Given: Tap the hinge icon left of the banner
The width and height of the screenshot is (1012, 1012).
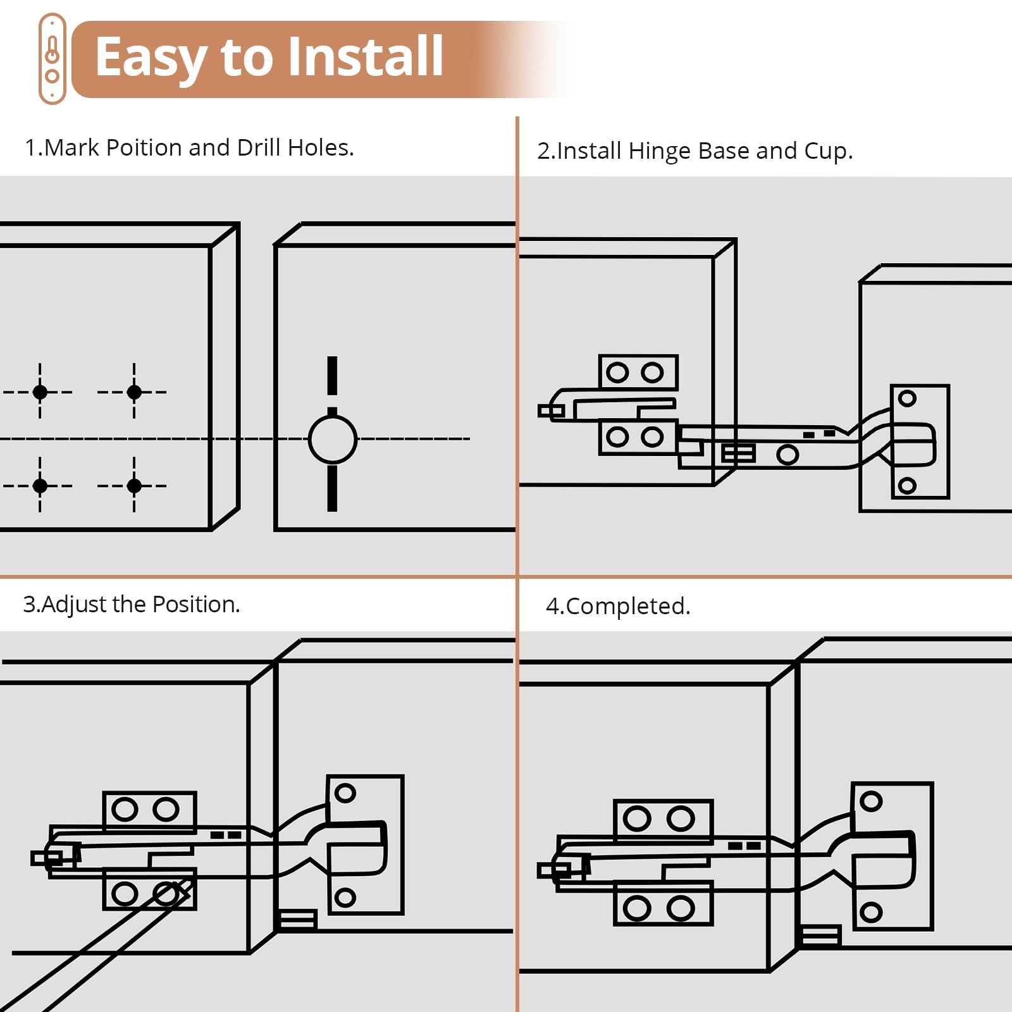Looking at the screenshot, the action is coord(52,59).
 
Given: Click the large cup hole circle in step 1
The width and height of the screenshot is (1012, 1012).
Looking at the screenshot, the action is coord(333,439).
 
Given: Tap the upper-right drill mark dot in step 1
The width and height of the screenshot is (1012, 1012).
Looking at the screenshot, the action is coord(134,392).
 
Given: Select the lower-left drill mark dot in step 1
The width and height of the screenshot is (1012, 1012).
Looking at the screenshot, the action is coord(40,486).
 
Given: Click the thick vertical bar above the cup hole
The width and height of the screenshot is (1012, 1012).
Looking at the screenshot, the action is coord(332,375).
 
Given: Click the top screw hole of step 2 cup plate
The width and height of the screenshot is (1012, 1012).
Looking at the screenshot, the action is coord(908,398).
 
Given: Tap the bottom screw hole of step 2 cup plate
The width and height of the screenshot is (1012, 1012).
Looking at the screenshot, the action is coord(908,485).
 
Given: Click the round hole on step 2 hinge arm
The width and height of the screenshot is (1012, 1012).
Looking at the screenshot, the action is coord(787,454).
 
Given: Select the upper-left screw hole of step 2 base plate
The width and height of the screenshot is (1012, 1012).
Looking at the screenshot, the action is coord(617,373).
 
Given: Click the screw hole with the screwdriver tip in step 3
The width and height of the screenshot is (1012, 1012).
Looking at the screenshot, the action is coord(166,894).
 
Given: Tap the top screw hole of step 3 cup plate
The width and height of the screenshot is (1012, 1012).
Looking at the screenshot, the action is coord(345,793).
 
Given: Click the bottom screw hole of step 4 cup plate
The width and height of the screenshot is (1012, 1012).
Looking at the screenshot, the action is coord(871,911).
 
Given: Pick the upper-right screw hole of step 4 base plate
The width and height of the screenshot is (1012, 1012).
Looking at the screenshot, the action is coord(681,819).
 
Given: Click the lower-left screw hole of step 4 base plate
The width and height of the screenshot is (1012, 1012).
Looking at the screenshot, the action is coord(637,909).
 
